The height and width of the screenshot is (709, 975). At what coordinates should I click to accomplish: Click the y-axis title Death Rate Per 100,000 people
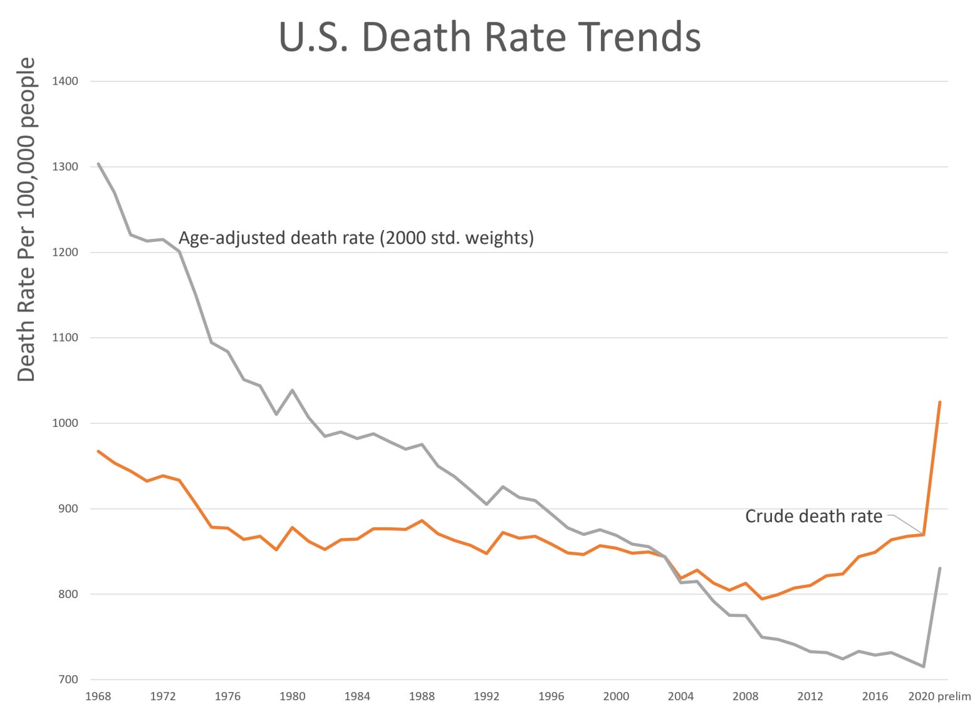[26, 219]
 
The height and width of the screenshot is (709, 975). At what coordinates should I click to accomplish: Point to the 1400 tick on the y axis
[66, 81]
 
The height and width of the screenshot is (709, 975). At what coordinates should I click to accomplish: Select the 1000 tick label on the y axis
[66, 423]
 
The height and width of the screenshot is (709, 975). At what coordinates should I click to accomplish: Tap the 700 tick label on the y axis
[68, 680]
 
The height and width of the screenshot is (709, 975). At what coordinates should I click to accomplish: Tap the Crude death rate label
[813, 516]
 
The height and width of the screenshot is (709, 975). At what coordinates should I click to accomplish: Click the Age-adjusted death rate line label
[356, 238]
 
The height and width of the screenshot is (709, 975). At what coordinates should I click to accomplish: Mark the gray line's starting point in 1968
[98, 164]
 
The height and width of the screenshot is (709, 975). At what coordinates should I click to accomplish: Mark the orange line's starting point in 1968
[98, 451]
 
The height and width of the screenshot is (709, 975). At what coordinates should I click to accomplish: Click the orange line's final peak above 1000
[940, 402]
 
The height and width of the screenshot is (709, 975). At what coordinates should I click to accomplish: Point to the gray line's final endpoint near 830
[940, 568]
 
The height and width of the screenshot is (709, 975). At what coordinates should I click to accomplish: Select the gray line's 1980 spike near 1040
[293, 390]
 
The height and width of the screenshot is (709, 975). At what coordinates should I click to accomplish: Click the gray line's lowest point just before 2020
[924, 666]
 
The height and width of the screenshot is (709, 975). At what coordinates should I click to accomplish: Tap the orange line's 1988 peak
[422, 520]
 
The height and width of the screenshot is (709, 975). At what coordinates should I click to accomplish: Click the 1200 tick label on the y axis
[66, 252]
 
